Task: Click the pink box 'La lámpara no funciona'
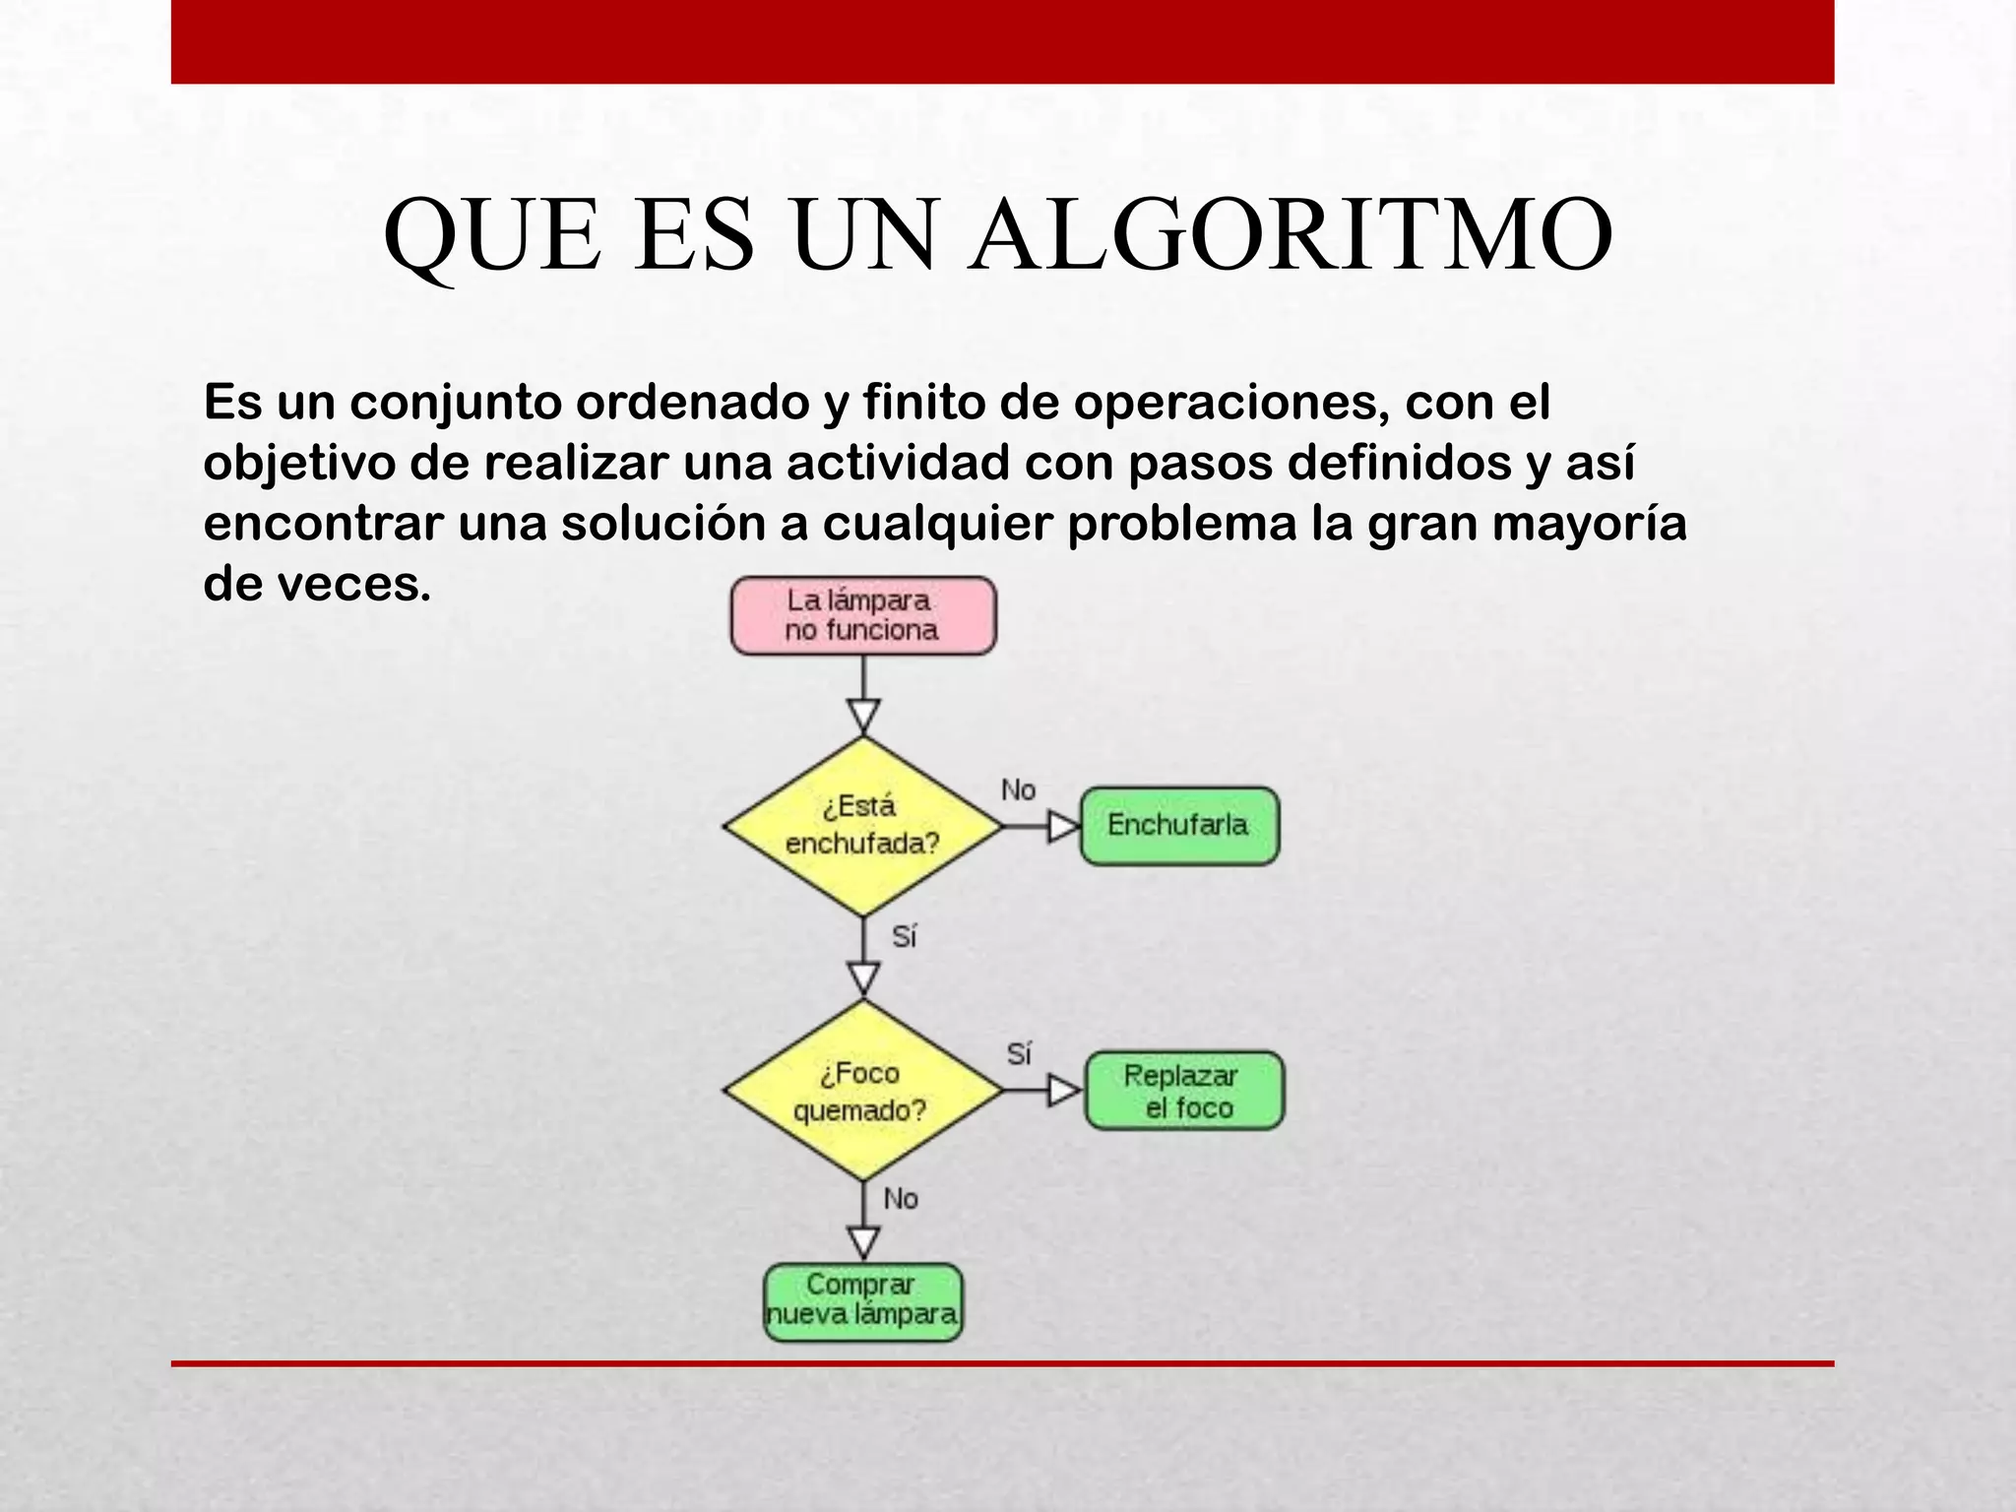tap(863, 616)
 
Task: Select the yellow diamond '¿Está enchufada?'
tap(863, 826)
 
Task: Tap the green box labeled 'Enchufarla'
tap(1179, 826)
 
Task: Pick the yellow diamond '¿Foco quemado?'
tap(863, 1091)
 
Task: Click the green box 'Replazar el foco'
tap(1184, 1091)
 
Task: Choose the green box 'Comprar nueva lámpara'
tap(863, 1301)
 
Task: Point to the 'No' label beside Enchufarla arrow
tap(1018, 790)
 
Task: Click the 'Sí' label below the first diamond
tap(904, 937)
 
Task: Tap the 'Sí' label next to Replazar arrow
tap(1019, 1054)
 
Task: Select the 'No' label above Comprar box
tap(900, 1199)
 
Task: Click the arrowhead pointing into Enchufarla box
tap(1063, 826)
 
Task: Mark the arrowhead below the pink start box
tap(863, 716)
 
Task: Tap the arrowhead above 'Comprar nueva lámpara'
tap(863, 1242)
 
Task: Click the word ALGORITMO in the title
tap(1291, 236)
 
